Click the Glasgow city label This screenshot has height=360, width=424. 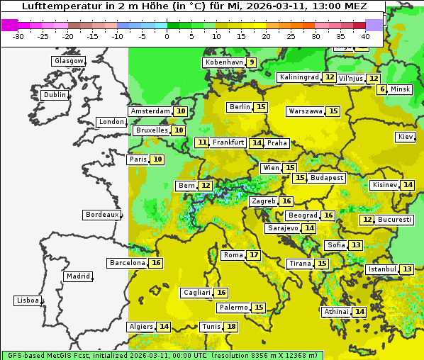coord(68,61)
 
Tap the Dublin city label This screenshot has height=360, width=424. coord(54,95)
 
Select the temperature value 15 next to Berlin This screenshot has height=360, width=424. coord(262,107)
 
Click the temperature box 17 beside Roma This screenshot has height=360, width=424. coord(254,255)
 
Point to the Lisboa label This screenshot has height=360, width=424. coord(27,300)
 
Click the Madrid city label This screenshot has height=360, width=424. coord(77,276)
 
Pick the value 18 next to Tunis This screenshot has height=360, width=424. coord(231,327)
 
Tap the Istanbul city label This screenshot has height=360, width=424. coord(382,269)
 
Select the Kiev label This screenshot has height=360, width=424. coord(406,137)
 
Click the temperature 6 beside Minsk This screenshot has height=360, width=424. coord(382,89)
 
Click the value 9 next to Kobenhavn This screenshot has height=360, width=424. coord(251,62)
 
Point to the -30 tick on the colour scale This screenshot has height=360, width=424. coord(18,36)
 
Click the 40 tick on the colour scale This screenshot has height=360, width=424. coord(365,36)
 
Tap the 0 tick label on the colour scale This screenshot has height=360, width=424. coord(167,36)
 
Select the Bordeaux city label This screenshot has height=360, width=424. coord(101,215)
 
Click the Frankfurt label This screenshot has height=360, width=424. coord(228,142)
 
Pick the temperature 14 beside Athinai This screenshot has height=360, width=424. coord(359,312)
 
